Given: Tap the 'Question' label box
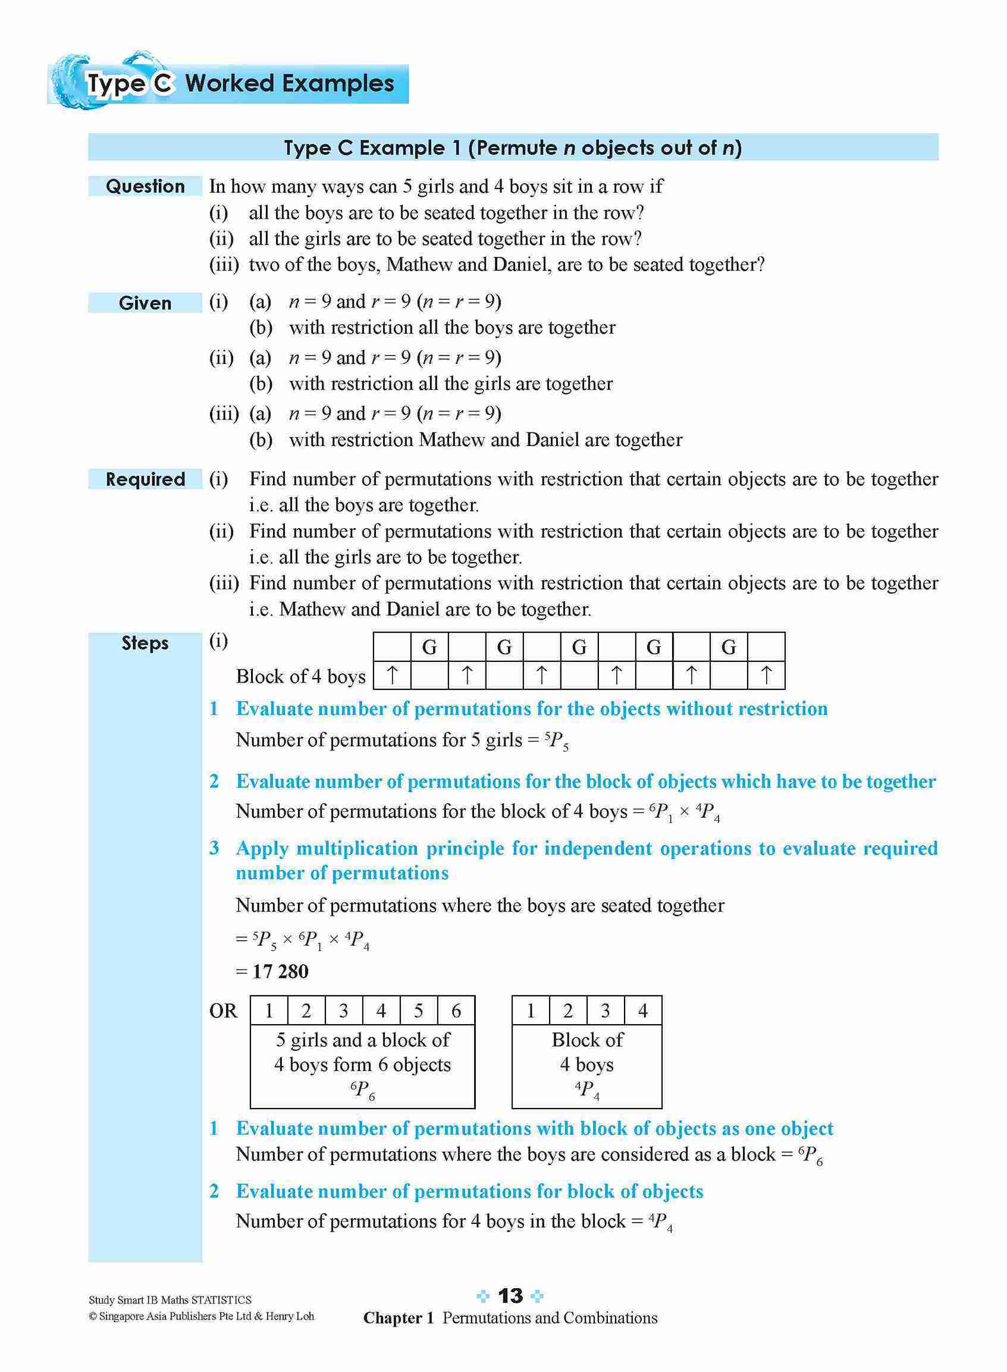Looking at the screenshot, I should pyautogui.click(x=145, y=186).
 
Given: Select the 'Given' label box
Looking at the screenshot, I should pyautogui.click(x=145, y=303).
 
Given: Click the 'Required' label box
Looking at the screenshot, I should pyautogui.click(x=145, y=479).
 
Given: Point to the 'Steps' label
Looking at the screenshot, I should pyautogui.click(x=145, y=643).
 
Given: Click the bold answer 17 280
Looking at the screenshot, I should pyautogui.click(x=280, y=971).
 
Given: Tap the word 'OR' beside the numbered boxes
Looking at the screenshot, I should pyautogui.click(x=223, y=1011).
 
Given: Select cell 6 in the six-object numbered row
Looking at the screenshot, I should pyautogui.click(x=456, y=1011).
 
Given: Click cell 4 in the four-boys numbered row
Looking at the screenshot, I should pyautogui.click(x=642, y=1011).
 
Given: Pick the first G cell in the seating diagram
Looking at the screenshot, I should pyautogui.click(x=429, y=647).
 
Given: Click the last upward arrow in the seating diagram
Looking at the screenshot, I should pyautogui.click(x=766, y=676).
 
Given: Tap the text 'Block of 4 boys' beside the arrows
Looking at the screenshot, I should pyautogui.click(x=300, y=677).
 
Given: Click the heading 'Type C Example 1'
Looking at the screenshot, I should pyautogui.click(x=373, y=147).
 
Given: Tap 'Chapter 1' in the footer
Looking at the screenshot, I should pyautogui.click(x=398, y=1318).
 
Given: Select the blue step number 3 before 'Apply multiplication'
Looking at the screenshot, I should pyautogui.click(x=214, y=848).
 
